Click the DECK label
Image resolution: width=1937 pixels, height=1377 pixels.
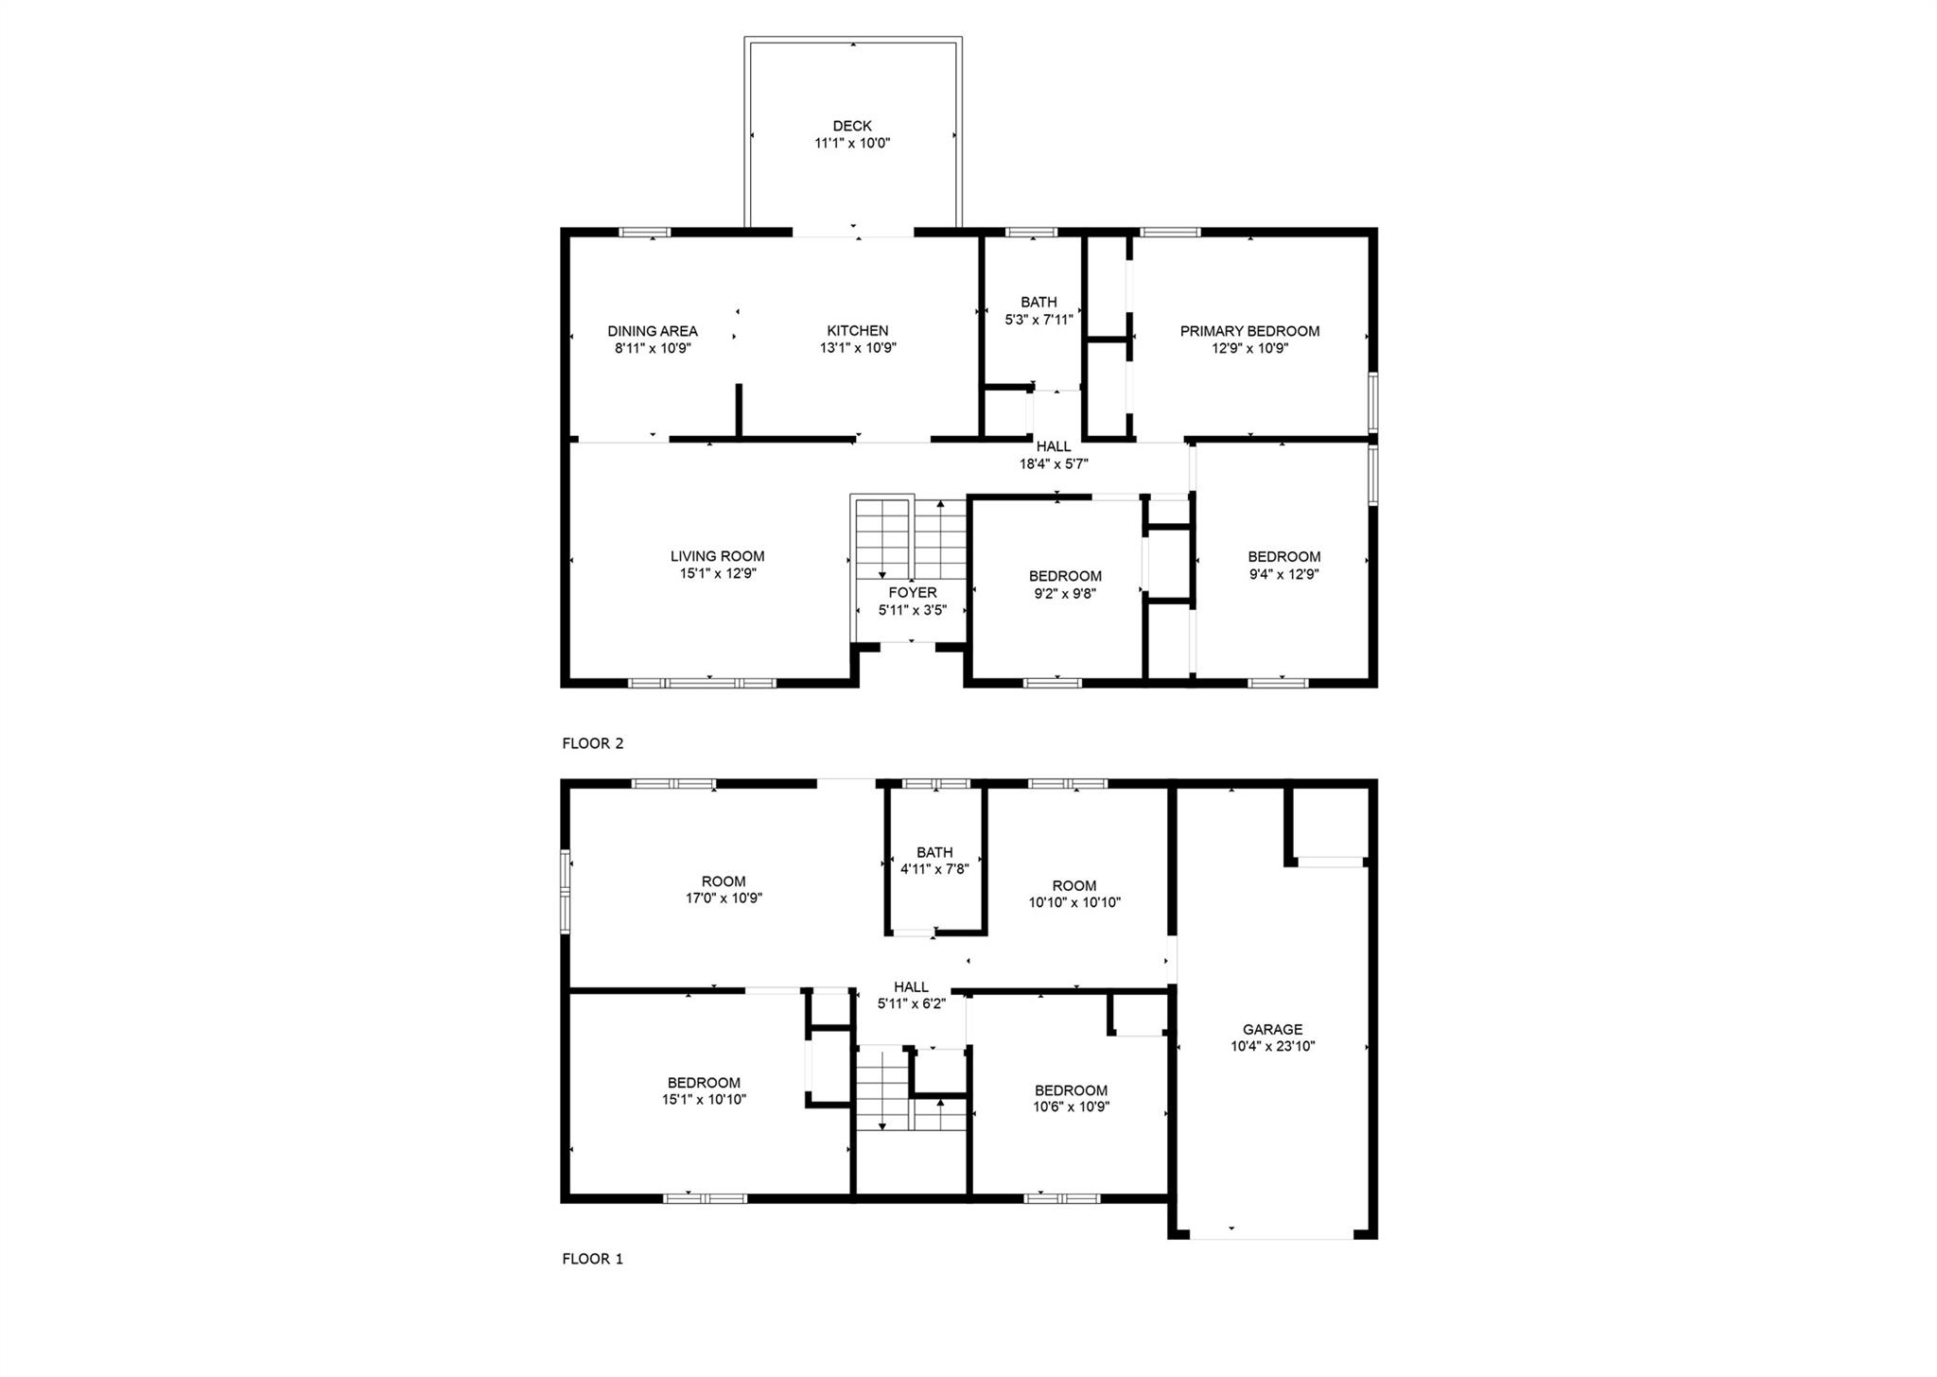point(852,126)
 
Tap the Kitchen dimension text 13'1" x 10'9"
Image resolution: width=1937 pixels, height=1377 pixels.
point(858,348)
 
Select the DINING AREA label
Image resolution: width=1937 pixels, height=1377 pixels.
point(653,331)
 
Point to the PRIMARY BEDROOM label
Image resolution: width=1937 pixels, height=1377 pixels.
point(1249,331)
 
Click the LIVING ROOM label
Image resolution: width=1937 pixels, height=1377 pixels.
point(717,556)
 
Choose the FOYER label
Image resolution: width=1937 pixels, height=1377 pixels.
point(913,593)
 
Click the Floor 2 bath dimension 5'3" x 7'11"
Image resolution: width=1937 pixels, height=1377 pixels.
point(1038,320)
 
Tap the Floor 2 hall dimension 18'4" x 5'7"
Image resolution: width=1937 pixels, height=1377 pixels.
point(1054,464)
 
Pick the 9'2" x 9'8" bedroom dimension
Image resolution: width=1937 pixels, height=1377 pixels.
point(1065,594)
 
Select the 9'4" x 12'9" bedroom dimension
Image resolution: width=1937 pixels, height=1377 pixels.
point(1283,574)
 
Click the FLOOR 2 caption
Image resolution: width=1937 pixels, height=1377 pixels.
point(593,743)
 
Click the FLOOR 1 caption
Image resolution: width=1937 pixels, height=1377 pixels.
point(593,1259)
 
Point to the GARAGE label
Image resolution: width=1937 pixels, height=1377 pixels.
point(1273,1029)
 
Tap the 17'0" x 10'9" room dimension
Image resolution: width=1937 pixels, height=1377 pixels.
point(724,898)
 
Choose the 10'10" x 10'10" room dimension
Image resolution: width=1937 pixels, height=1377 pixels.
point(1074,902)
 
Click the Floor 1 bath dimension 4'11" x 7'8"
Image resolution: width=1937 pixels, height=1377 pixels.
point(934,869)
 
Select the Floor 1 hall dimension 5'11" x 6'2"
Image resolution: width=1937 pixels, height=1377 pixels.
point(912,1003)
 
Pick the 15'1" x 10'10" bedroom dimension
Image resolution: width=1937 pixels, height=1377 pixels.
point(704,1100)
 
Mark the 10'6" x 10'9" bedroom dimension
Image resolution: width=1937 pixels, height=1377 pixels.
point(1071,1107)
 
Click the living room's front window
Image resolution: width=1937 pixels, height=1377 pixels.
point(702,682)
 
